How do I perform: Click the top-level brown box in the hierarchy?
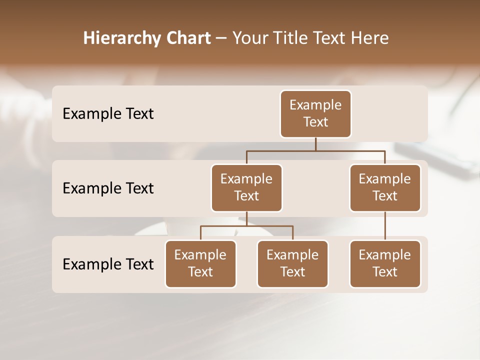pyautogui.click(x=315, y=114)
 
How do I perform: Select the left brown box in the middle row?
pyautogui.click(x=246, y=188)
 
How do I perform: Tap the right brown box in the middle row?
pyautogui.click(x=385, y=188)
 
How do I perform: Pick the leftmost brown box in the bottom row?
pyautogui.click(x=200, y=264)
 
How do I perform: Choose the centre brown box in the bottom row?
pyautogui.click(x=292, y=264)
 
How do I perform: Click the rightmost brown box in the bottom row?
pyautogui.click(x=385, y=264)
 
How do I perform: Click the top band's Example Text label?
pyautogui.click(x=108, y=114)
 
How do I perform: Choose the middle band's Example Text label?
pyautogui.click(x=108, y=188)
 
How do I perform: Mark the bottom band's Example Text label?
pyautogui.click(x=108, y=264)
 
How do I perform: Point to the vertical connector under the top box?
pyautogui.click(x=315, y=144)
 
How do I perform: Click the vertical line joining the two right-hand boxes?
pyautogui.click(x=385, y=226)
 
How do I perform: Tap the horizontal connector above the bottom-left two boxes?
pyautogui.click(x=246, y=226)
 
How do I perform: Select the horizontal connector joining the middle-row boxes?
pyautogui.click(x=315, y=150)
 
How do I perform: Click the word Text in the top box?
pyautogui.click(x=315, y=122)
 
